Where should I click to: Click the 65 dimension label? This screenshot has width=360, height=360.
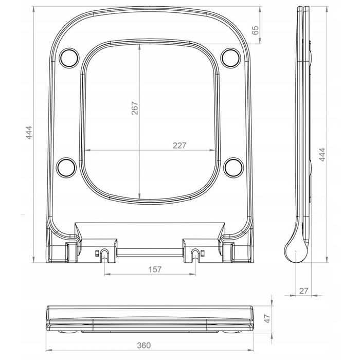[255, 30]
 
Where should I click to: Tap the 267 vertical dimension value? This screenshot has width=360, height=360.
[135, 108]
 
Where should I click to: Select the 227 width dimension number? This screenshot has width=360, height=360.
[179, 146]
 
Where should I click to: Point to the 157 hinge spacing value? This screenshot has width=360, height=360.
[155, 269]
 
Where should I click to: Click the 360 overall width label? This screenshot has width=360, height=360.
[144, 345]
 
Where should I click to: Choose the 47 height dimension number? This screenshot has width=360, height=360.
[267, 319]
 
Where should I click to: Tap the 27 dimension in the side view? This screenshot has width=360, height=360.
[303, 291]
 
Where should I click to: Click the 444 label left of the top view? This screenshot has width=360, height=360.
[29, 133]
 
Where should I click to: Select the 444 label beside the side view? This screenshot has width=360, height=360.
[322, 154]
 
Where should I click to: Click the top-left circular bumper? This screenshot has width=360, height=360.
[69, 58]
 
